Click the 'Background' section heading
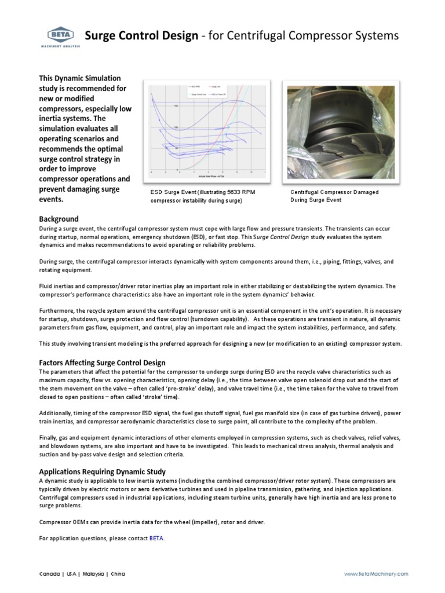click(x=59, y=219)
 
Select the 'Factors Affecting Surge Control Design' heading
click(x=102, y=363)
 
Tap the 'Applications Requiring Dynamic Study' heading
click(x=102, y=471)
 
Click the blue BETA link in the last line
click(x=156, y=538)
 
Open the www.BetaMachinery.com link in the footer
click(x=376, y=573)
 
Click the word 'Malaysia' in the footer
click(x=93, y=573)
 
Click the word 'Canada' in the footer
click(x=49, y=573)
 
